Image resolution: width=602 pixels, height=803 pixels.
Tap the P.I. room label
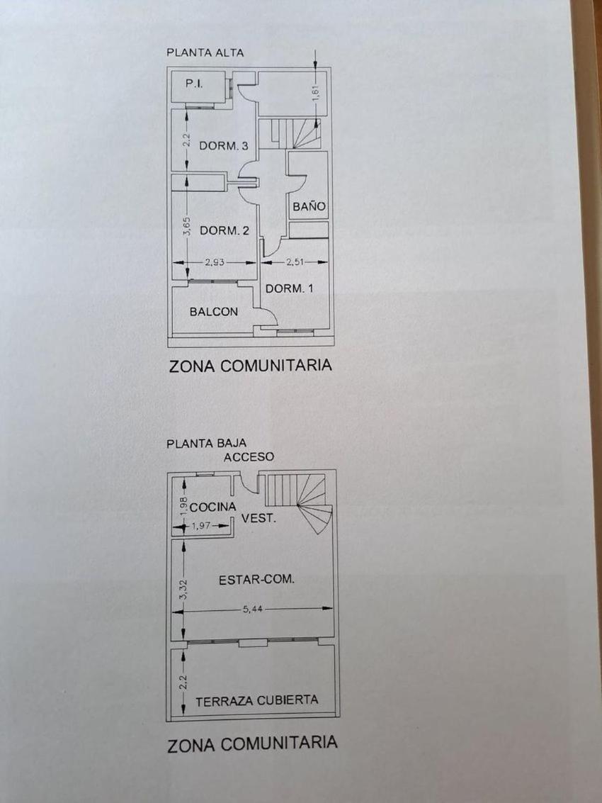[194, 84]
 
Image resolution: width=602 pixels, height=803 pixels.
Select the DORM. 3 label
[223, 147]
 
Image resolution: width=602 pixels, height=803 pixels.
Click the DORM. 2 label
[225, 230]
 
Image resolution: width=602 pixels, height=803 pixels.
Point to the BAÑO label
[309, 207]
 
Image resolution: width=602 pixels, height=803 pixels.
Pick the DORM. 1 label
[289, 288]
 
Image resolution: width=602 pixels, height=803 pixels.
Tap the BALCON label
[214, 312]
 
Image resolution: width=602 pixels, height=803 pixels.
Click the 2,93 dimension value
[215, 262]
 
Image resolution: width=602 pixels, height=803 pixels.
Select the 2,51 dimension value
[295, 262]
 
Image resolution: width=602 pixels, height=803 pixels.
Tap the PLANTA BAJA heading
[197, 444]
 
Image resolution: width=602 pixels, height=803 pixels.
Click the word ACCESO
[249, 457]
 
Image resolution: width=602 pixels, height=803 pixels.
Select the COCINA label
[212, 507]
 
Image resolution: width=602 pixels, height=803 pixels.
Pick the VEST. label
[258, 519]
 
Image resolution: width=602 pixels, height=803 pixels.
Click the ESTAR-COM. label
[256, 579]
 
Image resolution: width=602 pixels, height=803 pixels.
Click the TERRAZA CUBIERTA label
[256, 700]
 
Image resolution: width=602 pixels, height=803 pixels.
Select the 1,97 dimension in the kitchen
[203, 526]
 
